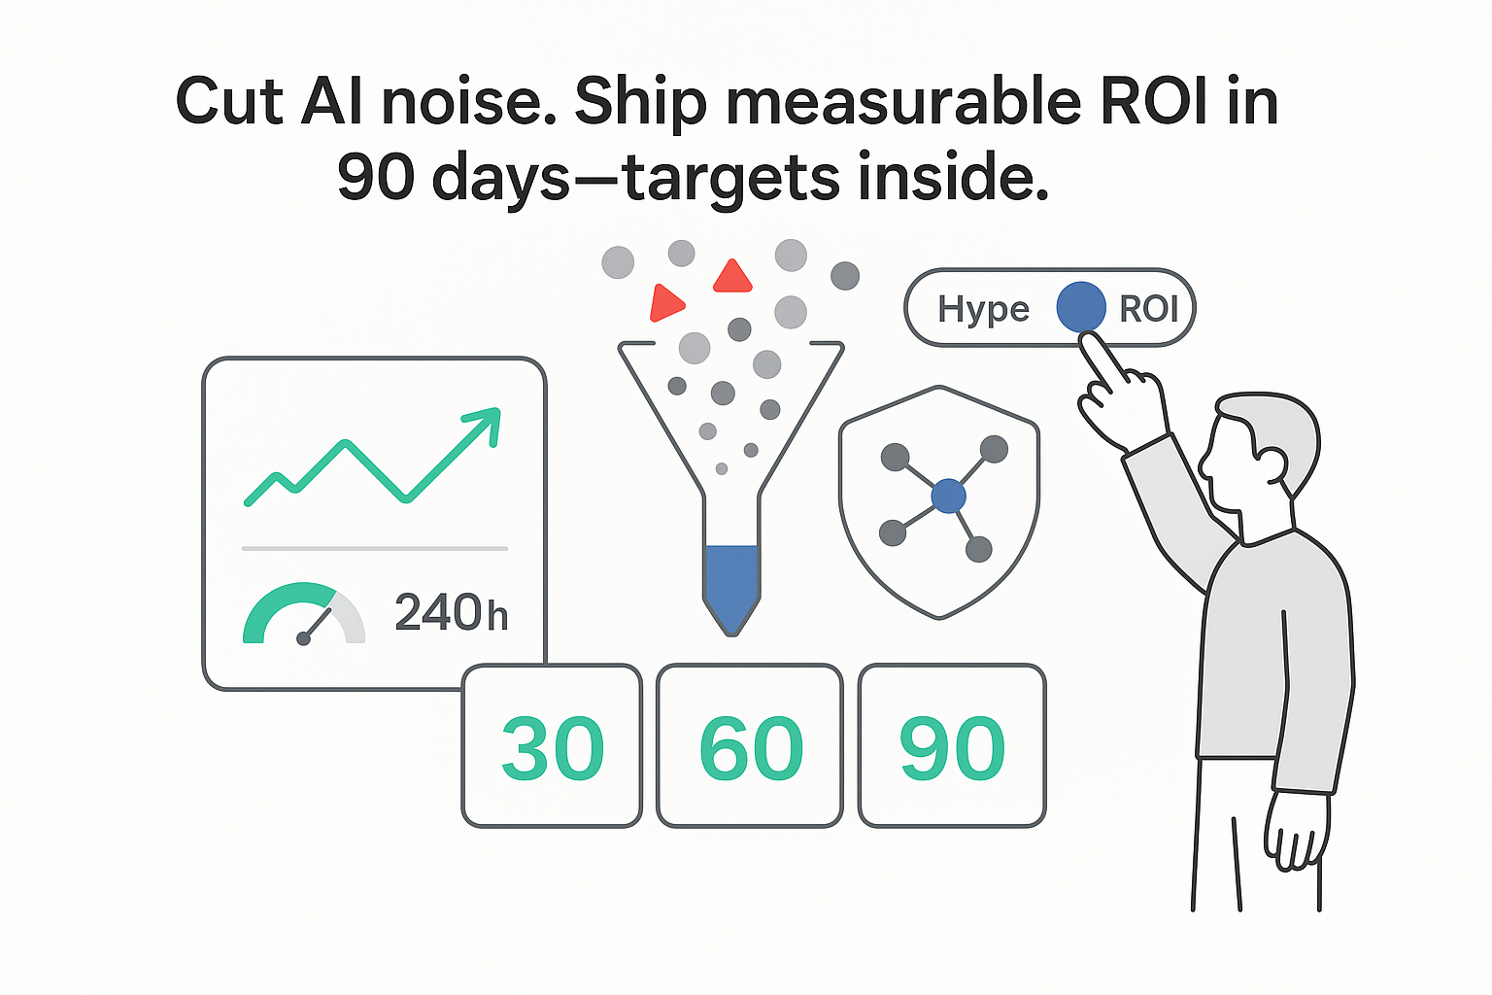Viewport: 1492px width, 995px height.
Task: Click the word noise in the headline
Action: (x=462, y=102)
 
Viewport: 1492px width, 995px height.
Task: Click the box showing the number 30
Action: (x=552, y=746)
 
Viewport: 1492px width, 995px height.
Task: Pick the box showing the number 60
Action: (x=750, y=746)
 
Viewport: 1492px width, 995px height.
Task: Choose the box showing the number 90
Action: (x=952, y=746)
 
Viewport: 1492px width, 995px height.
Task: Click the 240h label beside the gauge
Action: (x=451, y=613)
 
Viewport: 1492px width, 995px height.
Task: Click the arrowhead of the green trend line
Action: (x=486, y=423)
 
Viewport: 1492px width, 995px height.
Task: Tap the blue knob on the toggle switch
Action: (x=1080, y=307)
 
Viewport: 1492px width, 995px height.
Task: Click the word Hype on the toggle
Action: (x=983, y=309)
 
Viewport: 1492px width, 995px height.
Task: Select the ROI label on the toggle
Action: (x=1148, y=309)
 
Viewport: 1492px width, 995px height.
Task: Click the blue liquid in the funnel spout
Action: (x=731, y=583)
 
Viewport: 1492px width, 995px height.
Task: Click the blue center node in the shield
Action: (x=948, y=497)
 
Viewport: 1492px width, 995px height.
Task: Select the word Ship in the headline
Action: (x=640, y=102)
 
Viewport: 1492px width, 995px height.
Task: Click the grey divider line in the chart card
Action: (x=375, y=549)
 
